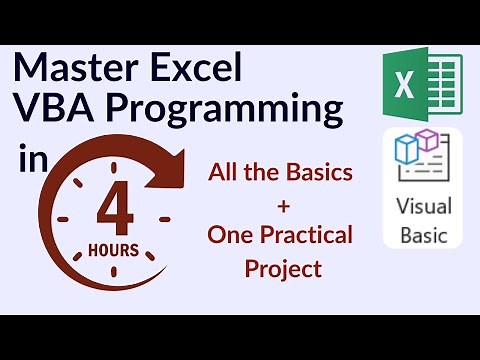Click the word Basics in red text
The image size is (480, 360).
click(320, 171)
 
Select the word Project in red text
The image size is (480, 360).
click(281, 268)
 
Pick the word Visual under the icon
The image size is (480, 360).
click(424, 207)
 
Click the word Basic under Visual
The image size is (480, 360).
click(424, 238)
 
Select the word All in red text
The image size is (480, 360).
click(226, 171)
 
